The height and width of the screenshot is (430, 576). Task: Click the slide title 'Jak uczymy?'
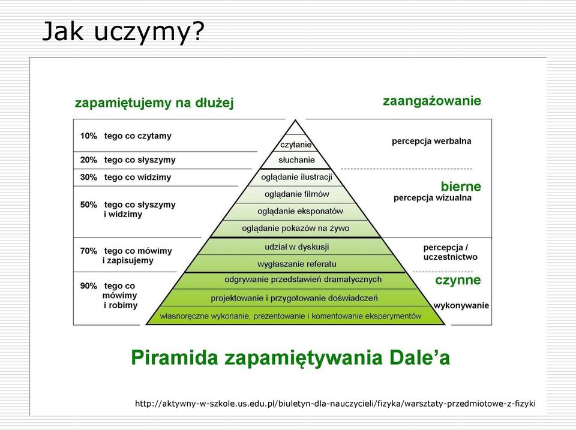tap(123, 32)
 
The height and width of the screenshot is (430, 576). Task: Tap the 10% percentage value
tap(89, 136)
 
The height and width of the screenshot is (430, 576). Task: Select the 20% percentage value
tap(89, 160)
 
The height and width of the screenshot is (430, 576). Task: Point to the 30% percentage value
tap(89, 177)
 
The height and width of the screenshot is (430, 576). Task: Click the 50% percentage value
tap(89, 205)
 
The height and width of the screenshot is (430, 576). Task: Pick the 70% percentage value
tap(89, 251)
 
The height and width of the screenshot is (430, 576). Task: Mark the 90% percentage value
tap(89, 285)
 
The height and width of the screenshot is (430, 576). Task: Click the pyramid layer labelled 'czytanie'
tap(296, 145)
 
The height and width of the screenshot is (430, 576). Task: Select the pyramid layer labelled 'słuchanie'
tap(296, 160)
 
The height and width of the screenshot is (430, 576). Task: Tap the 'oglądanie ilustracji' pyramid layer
tap(296, 178)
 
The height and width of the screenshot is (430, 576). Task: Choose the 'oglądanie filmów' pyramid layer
tap(297, 194)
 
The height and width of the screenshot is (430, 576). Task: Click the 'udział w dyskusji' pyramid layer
tap(297, 246)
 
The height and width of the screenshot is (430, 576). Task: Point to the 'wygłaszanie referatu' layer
tap(297, 264)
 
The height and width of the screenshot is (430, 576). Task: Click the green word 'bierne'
tap(461, 187)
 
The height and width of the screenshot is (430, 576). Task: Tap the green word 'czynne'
tap(458, 280)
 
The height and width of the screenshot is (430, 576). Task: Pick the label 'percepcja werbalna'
tap(431, 141)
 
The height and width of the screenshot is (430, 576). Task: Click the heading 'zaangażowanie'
tap(432, 101)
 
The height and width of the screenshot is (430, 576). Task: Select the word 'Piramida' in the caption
tap(175, 357)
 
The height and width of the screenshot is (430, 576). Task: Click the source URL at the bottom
tap(335, 404)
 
